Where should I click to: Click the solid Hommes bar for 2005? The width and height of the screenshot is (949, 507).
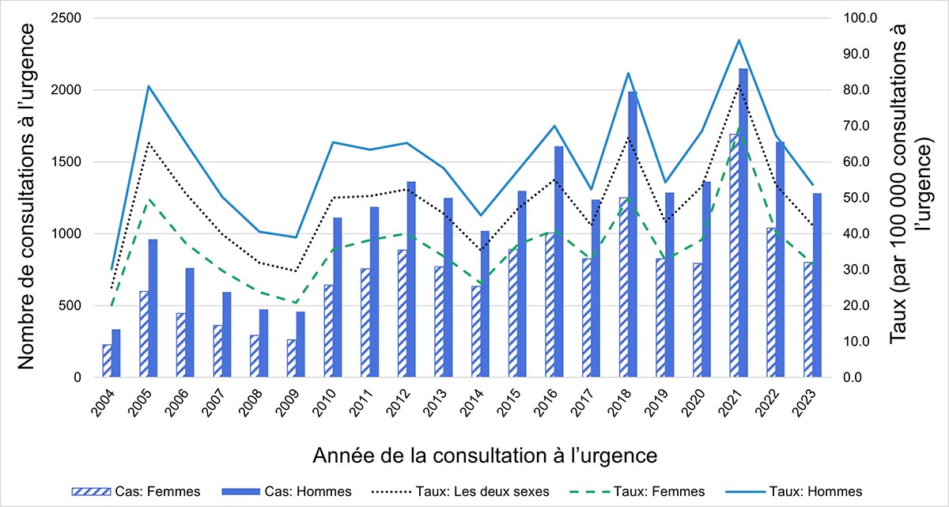(153, 308)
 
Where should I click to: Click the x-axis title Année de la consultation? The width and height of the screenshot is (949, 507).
(485, 456)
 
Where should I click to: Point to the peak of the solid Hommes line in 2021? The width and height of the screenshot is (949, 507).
(739, 40)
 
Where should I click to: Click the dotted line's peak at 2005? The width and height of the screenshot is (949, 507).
(148, 142)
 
